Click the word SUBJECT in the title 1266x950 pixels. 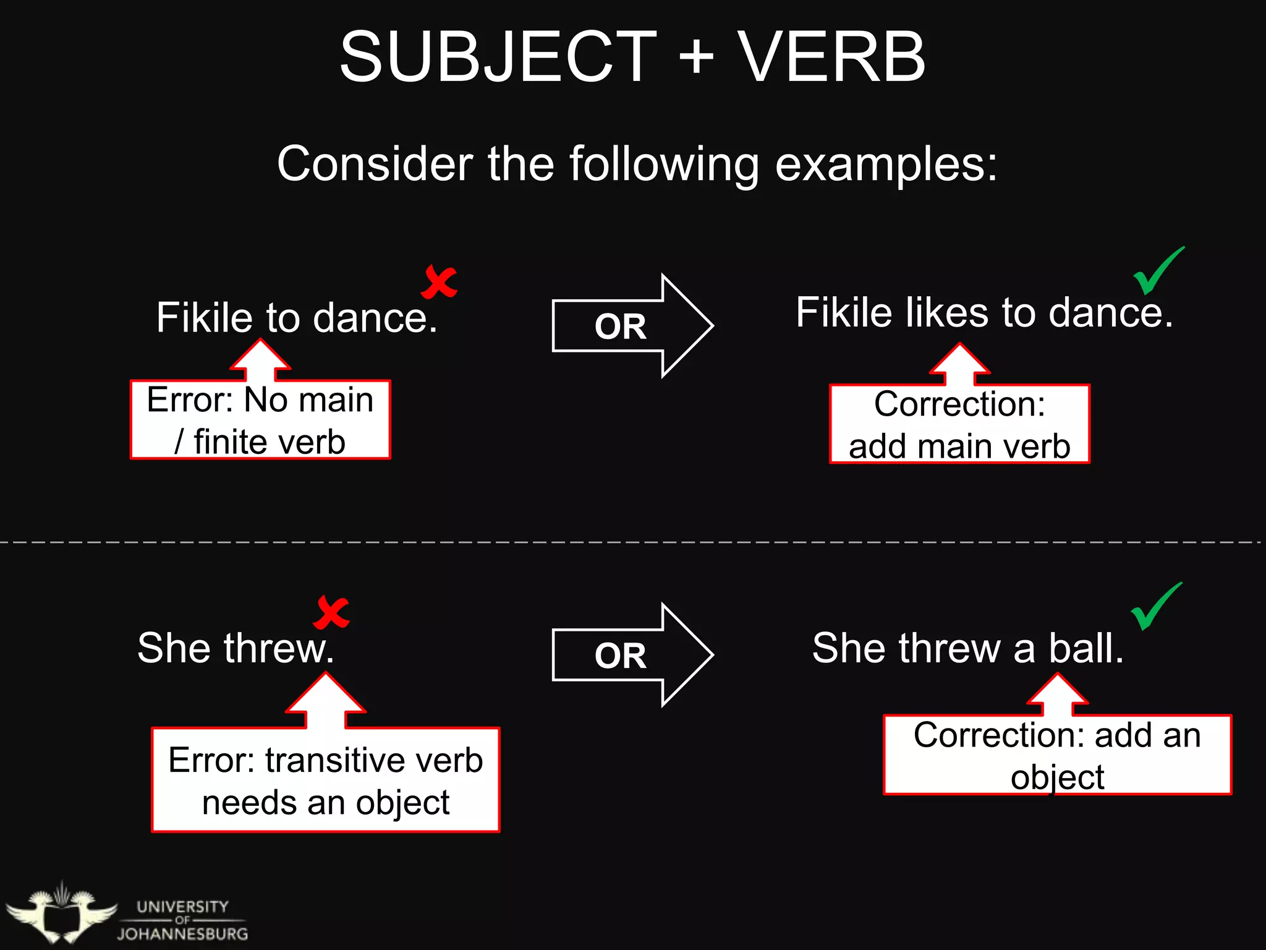498,58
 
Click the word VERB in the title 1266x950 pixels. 831,58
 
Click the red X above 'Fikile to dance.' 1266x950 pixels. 439,282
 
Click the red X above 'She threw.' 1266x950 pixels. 332,612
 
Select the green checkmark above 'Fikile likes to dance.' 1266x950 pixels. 1158,271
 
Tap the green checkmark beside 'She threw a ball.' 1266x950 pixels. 1156,606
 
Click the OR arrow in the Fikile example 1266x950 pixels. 631,326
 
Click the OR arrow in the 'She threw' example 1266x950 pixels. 631,655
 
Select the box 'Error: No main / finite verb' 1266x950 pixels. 260,420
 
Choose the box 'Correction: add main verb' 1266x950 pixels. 959,424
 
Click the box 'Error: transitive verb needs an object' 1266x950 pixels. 326,781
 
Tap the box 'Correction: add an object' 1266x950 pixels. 1057,755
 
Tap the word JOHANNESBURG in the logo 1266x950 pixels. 183,934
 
